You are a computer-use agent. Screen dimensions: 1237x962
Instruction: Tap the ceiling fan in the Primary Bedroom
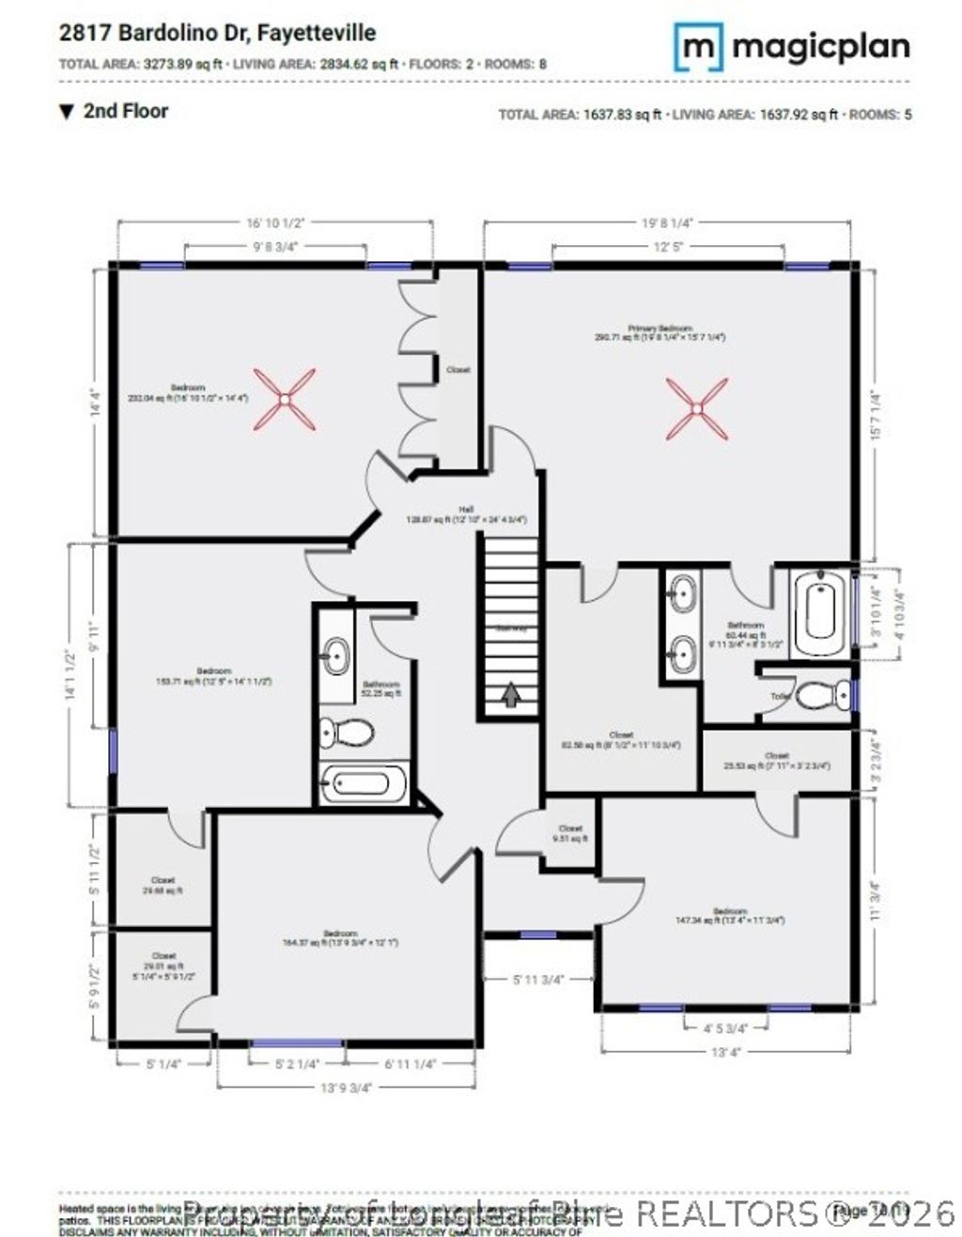pos(696,409)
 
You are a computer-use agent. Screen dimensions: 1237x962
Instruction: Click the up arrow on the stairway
pos(510,695)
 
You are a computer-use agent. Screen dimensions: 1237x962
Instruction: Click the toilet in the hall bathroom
pos(346,733)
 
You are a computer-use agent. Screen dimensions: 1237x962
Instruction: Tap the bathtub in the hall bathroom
pos(365,781)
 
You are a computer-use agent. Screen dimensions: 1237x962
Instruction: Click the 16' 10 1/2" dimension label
pos(274,223)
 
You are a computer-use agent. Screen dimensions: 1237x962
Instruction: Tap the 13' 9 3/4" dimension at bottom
pos(347,1088)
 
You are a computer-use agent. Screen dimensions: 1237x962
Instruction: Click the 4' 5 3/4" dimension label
pos(723,1028)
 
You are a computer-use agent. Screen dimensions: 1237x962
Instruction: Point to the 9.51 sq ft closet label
pos(569,833)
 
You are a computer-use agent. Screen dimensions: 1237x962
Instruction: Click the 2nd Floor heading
pos(125,111)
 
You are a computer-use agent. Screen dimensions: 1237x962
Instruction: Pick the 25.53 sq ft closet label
pos(776,760)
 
